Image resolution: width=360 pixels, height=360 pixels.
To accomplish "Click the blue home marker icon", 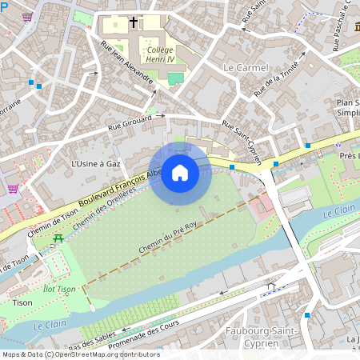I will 180,173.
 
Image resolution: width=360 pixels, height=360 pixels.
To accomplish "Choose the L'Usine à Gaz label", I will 96,163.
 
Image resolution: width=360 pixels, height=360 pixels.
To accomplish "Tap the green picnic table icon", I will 58,238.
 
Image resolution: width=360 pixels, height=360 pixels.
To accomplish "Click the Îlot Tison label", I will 59,290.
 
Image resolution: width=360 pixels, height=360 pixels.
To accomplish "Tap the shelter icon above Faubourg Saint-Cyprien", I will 270,286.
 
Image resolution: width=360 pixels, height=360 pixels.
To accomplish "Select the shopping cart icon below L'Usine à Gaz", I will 13,189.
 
